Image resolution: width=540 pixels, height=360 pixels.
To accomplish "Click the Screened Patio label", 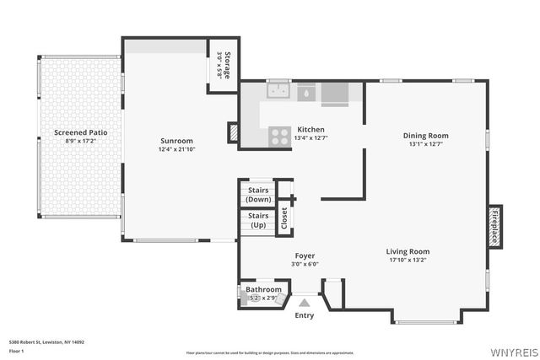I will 81,132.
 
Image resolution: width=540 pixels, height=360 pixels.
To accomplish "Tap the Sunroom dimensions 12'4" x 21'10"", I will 177,149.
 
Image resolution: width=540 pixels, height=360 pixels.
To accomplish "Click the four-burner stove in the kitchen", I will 279,136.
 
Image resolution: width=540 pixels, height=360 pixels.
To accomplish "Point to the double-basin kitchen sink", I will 278,91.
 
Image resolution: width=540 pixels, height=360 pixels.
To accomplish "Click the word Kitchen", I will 310,129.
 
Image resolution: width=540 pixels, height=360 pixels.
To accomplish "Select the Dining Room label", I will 425,135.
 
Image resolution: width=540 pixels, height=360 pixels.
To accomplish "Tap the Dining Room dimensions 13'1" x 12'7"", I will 425,143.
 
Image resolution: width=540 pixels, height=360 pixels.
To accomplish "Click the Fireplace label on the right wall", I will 494,227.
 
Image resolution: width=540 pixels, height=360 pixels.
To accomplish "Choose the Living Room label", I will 408,251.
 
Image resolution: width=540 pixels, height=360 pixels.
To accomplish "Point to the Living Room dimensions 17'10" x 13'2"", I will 408,260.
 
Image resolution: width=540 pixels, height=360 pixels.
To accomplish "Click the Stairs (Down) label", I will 258,195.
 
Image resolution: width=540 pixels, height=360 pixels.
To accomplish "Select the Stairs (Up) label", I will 257,220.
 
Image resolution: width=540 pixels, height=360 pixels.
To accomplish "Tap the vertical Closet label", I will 284,218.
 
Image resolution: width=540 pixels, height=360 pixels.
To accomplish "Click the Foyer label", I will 305,255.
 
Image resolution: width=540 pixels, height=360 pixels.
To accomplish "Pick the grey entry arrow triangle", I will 304,302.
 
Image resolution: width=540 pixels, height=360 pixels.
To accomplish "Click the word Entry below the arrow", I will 304,315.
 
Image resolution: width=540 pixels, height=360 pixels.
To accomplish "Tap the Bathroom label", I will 263,289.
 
